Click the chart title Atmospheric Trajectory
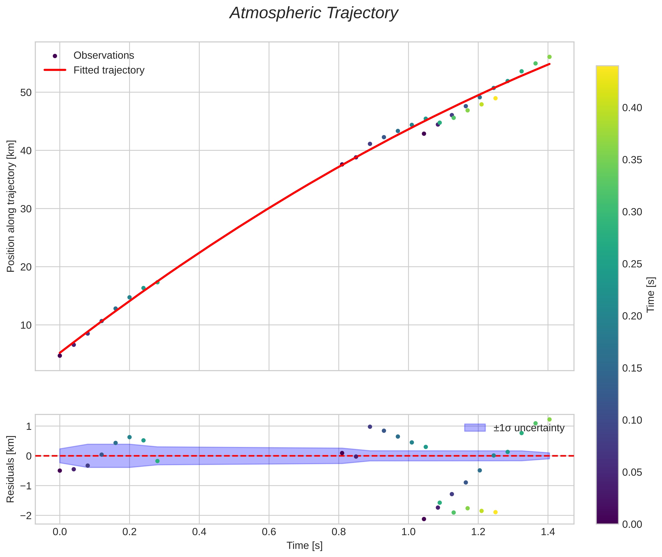[314, 13]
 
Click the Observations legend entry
[104, 56]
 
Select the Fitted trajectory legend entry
[109, 70]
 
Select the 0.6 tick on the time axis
[269, 532]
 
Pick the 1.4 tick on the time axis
[548, 532]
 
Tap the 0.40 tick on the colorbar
[632, 108]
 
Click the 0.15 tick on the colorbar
[632, 368]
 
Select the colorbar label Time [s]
[651, 295]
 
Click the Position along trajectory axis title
[11, 206]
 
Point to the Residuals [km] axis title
[11, 469]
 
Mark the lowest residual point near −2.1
[424, 519]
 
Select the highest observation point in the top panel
[549, 57]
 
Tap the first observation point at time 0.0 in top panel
[60, 356]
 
